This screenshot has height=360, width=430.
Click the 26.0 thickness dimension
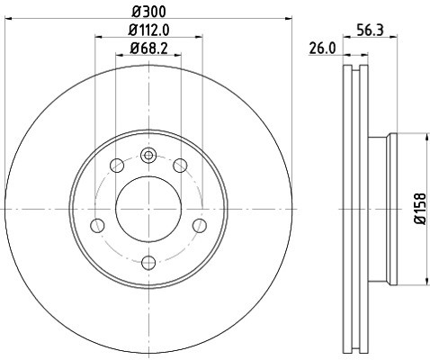(x=322, y=49)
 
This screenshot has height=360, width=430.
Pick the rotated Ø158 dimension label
(x=419, y=209)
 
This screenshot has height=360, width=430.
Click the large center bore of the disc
(x=149, y=209)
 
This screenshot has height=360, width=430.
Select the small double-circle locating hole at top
(x=149, y=156)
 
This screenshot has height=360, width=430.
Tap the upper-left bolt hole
(x=117, y=166)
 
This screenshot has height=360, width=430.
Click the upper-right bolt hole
(x=181, y=166)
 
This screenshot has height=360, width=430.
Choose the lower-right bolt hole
(x=201, y=225)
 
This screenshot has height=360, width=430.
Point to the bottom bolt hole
(x=149, y=262)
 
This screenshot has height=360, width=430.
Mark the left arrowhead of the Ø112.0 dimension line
(x=98, y=36)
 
